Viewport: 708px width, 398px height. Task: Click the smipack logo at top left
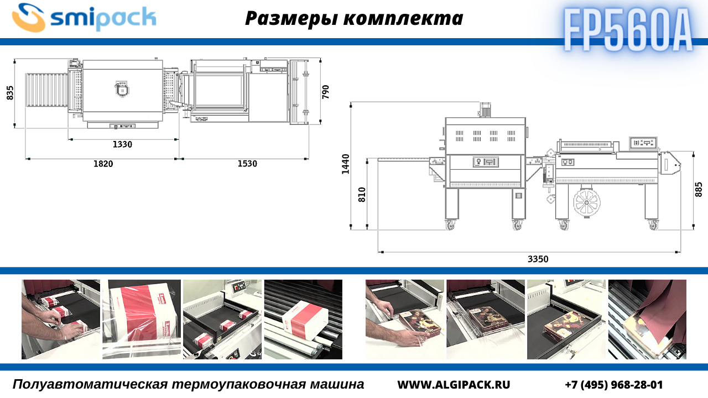84,18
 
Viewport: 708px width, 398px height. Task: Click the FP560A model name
628,30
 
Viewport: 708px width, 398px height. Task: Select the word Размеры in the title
291,18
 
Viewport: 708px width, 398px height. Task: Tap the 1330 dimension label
122,144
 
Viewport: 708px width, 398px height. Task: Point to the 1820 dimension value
103,164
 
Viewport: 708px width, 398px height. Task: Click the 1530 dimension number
247,164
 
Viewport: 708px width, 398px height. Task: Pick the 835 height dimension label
10,93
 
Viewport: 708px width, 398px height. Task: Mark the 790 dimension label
326,92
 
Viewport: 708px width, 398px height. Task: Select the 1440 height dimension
346,164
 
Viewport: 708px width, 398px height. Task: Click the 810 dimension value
362,195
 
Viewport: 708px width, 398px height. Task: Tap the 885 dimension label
699,190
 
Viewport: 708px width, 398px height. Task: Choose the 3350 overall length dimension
538,259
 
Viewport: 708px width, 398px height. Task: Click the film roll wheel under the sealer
587,203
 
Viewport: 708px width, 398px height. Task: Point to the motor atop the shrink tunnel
485,109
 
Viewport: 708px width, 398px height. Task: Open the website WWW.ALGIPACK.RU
454,385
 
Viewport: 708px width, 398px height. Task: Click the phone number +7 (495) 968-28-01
614,385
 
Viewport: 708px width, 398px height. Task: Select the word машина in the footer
337,384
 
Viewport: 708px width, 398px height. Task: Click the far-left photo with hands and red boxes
61,320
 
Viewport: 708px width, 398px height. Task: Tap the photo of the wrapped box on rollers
303,320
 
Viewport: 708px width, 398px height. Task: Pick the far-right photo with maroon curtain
647,320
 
